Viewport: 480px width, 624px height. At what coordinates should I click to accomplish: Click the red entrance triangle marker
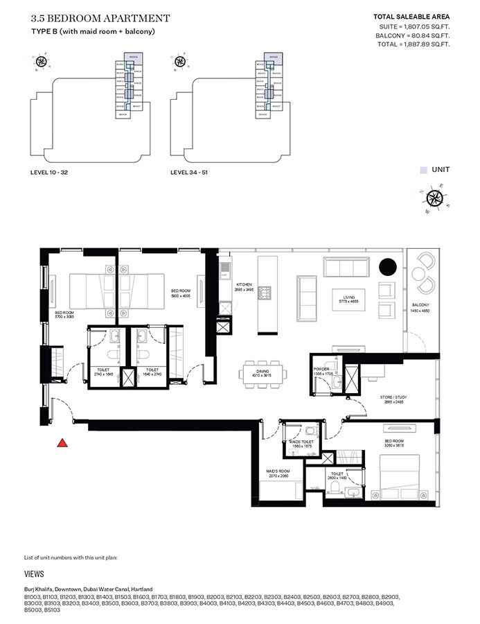pos(62,443)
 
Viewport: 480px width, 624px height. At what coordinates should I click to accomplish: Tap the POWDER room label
pos(321,370)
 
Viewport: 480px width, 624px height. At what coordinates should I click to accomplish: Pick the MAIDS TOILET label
pos(303,442)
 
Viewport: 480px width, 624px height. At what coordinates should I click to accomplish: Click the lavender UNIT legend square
pos(423,169)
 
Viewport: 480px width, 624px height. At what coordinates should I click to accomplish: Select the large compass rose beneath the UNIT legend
pos(435,198)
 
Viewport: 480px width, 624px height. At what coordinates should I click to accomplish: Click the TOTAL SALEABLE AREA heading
pos(411,16)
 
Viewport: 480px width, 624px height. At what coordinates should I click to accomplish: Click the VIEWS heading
pos(34,574)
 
